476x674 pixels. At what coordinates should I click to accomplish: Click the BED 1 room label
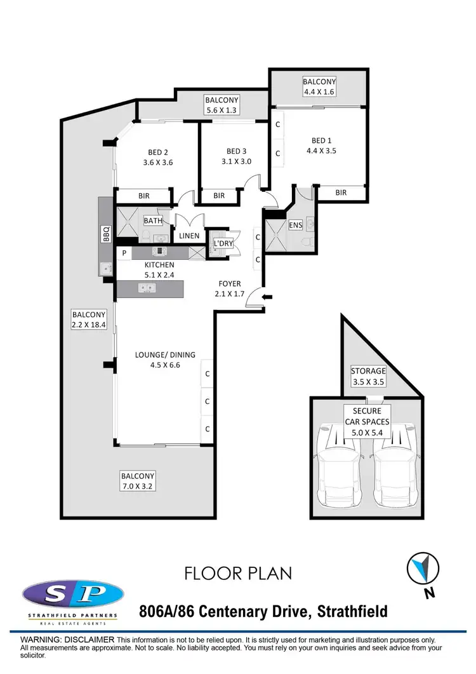321,140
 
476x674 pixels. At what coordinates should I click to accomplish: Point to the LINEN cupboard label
188,236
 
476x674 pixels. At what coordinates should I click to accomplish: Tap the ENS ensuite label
295,225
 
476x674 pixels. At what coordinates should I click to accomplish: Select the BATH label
153,221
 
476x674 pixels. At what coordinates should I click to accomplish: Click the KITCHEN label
159,265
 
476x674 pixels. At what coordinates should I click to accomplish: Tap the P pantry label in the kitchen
124,253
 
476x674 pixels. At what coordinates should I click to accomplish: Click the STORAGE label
369,371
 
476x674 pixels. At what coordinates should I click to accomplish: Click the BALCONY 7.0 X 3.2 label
139,481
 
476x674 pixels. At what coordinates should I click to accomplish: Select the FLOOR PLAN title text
238,574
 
